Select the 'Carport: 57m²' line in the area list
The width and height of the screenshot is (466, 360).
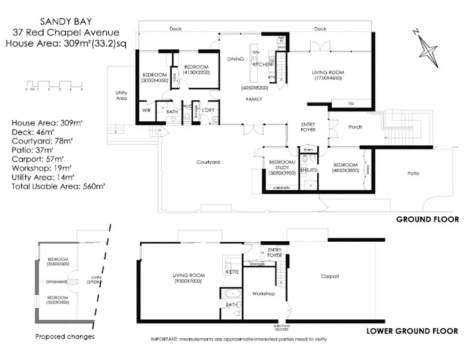(x=38, y=159)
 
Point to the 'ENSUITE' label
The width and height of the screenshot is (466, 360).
(x=308, y=170)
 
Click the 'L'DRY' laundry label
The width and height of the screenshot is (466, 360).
(x=209, y=110)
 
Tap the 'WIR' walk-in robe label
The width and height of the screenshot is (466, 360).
(x=146, y=110)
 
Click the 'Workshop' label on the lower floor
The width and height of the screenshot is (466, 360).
(x=263, y=293)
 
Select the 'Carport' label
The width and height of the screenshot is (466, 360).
(x=330, y=277)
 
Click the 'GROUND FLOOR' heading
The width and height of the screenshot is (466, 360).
(x=427, y=220)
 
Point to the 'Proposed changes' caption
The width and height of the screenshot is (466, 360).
(x=64, y=337)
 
